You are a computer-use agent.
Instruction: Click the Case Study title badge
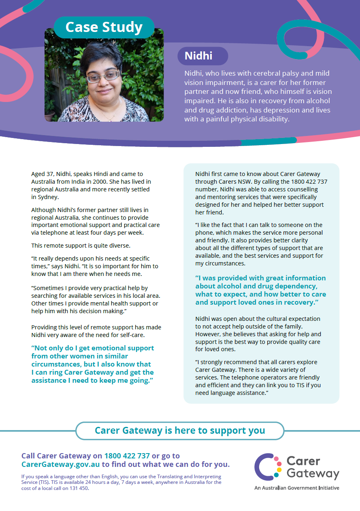[x=104, y=27]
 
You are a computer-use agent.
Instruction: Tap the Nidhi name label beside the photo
[x=198, y=56]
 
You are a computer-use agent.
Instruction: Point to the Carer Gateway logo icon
[x=268, y=466]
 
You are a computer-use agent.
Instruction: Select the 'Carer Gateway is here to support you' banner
[x=180, y=430]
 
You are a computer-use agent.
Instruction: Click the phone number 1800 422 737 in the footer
[x=127, y=456]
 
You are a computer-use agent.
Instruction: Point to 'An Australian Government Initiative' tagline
[x=296, y=488]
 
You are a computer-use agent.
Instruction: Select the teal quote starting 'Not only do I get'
[x=93, y=364]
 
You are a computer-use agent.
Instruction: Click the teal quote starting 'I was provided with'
[x=260, y=290]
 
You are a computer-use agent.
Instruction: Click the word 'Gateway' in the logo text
[x=312, y=473]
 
